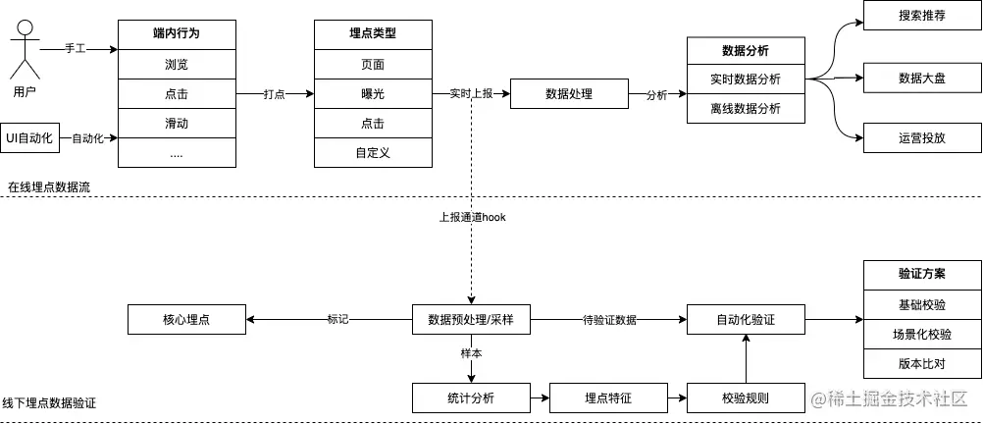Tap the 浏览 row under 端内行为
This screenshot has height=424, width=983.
point(177,65)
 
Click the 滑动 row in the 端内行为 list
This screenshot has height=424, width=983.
point(177,124)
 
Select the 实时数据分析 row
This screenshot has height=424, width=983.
point(746,79)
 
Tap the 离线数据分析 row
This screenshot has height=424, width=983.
point(746,108)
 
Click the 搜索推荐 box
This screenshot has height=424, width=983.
point(921,17)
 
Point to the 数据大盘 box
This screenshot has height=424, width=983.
point(921,77)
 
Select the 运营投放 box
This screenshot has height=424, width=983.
point(921,138)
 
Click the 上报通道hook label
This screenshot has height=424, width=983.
point(471,217)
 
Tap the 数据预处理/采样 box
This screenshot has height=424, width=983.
point(471,320)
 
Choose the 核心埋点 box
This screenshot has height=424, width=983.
point(186,320)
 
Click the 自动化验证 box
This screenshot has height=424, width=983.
point(746,320)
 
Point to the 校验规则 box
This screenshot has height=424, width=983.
point(746,397)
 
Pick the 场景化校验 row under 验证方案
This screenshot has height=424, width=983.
point(922,335)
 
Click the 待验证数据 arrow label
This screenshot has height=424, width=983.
point(609,320)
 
